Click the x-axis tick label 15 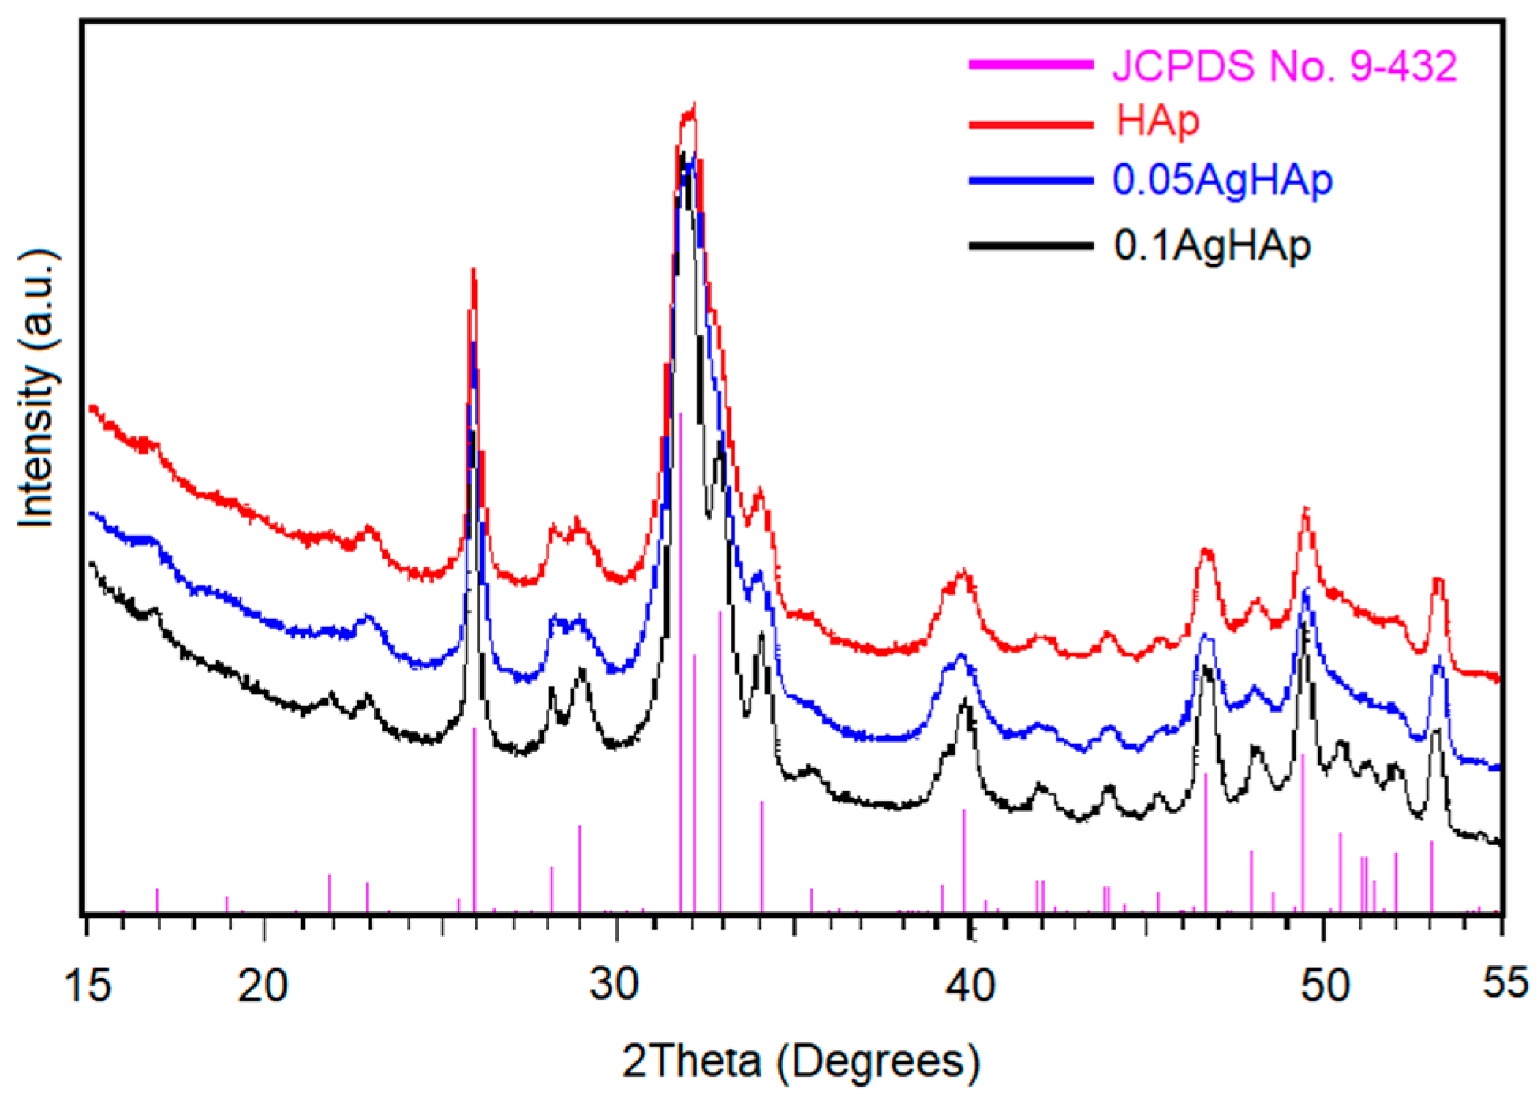click(89, 986)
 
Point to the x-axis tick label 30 click(615, 986)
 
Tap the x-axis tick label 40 click(970, 986)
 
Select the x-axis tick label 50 click(1325, 986)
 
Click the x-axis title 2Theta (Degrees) click(801, 1061)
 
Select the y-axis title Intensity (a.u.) click(37, 388)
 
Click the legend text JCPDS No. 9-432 click(1285, 65)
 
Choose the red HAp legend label click(1157, 122)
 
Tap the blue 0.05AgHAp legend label click(1222, 180)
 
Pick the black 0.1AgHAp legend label click(1212, 245)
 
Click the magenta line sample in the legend click(1030, 65)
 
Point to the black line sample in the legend click(1030, 245)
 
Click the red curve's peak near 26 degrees click(473, 271)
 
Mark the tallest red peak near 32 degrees click(693, 105)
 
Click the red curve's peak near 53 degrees click(1438, 580)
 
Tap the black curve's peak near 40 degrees click(964, 701)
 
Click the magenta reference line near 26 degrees click(474, 821)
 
